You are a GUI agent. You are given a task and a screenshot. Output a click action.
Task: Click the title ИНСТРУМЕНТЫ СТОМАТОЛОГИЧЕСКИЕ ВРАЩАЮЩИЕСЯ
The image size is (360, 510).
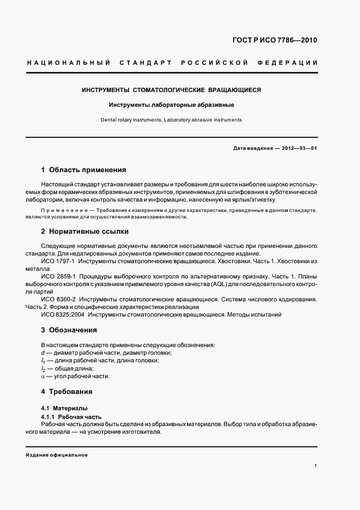172,90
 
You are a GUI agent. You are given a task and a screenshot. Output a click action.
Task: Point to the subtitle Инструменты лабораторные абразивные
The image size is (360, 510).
171,105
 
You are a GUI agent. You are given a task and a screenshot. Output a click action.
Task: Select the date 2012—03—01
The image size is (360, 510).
300,148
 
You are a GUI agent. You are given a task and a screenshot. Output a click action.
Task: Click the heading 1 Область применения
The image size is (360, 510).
83,170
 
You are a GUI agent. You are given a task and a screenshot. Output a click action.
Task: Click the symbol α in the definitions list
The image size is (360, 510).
43,376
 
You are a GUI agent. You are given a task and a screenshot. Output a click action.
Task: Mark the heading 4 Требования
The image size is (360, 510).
67,391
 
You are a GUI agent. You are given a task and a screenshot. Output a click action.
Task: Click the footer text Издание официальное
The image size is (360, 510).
57,455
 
